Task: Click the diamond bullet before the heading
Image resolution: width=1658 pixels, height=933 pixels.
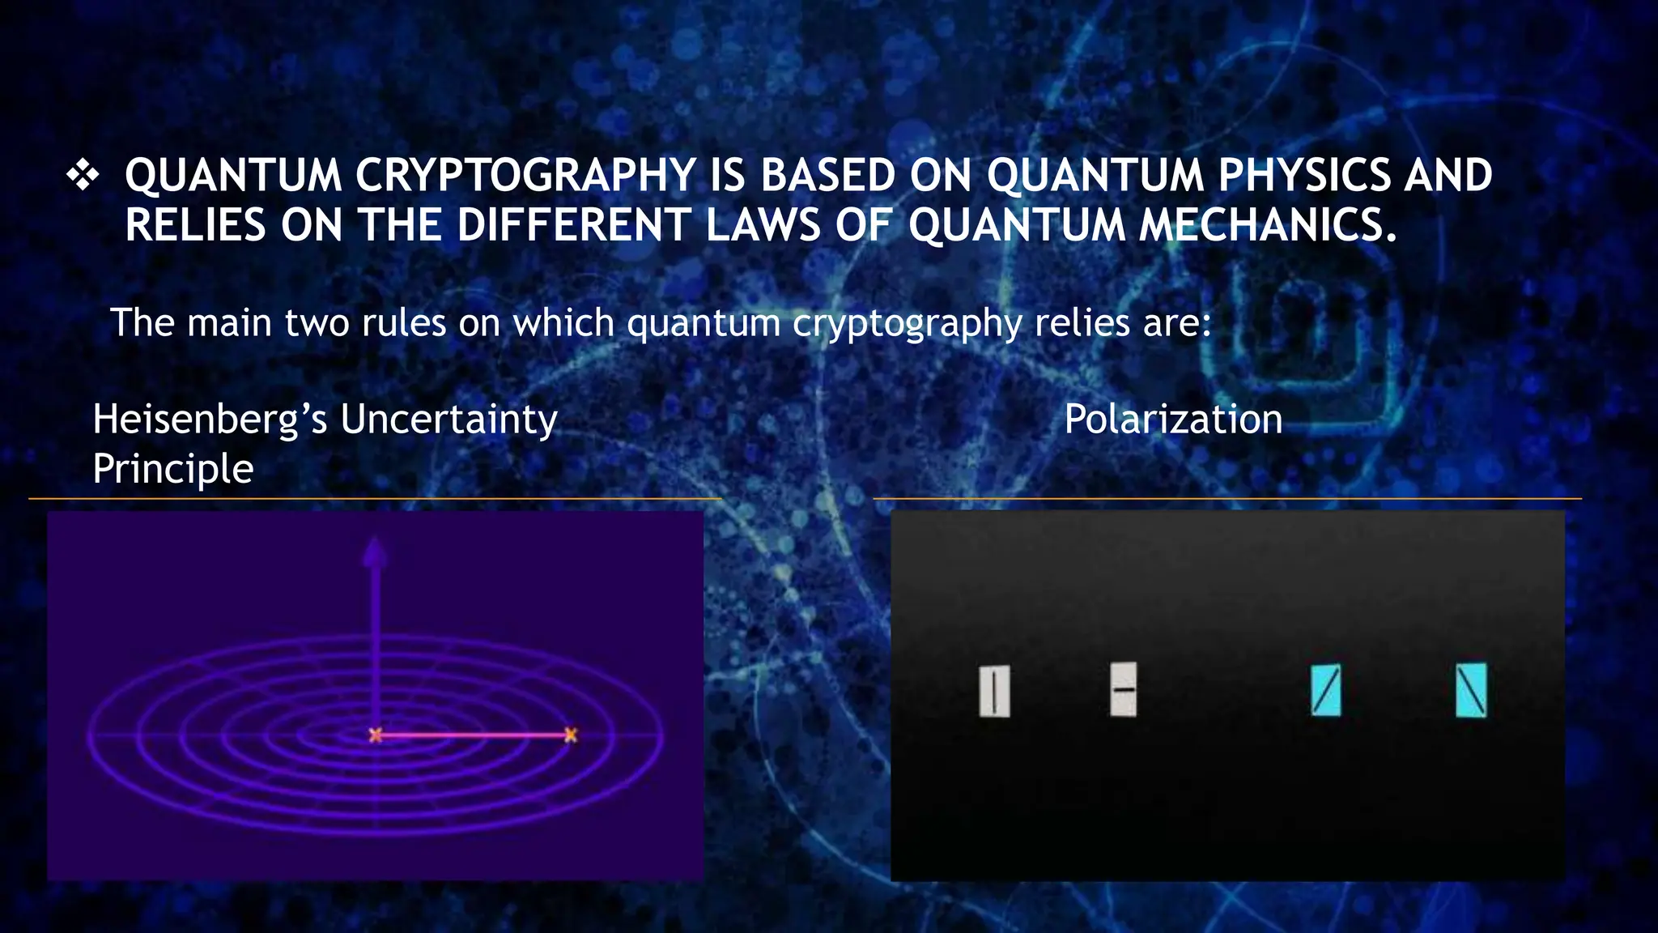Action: tap(83, 176)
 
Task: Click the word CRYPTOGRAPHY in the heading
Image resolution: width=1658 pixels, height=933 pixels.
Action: tap(525, 176)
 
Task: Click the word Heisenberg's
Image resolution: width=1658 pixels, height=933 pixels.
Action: tap(210, 420)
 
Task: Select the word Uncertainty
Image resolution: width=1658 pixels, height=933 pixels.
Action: tap(449, 420)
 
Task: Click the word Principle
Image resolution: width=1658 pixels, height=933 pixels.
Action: tap(173, 469)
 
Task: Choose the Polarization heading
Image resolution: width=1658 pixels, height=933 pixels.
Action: tap(1173, 420)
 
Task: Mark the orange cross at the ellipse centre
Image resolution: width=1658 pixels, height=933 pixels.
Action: tap(376, 735)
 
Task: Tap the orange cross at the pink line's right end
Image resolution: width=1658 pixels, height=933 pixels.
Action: tap(571, 735)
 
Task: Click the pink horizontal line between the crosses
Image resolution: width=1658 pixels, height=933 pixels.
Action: tap(473, 735)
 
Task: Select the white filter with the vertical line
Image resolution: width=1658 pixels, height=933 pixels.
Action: tap(994, 692)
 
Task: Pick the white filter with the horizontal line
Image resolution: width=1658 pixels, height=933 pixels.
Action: tap(1124, 689)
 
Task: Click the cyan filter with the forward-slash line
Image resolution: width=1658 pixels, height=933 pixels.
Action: tap(1325, 690)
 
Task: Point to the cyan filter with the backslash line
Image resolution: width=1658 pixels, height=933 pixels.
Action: tap(1471, 690)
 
